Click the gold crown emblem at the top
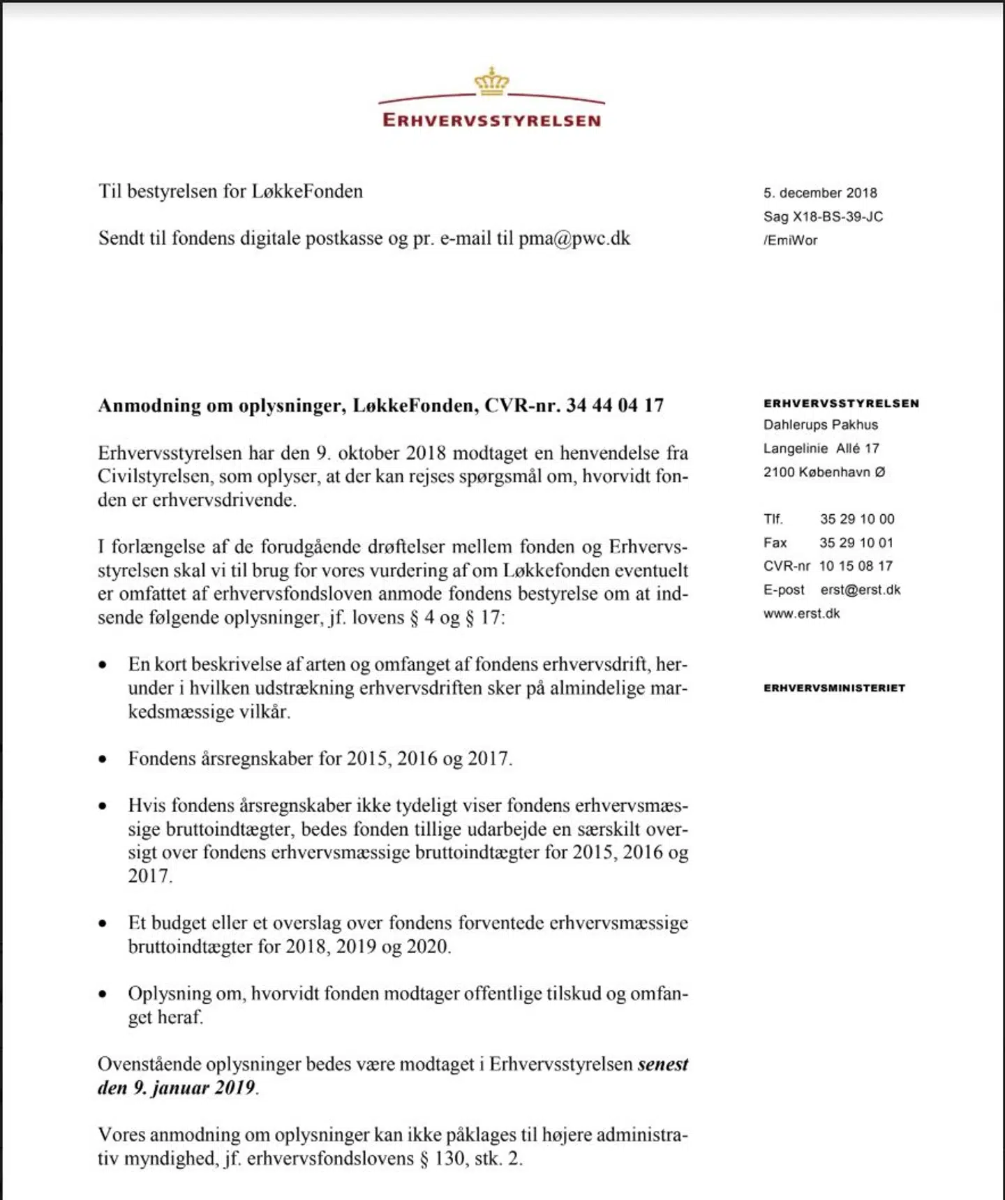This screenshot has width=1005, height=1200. point(492,82)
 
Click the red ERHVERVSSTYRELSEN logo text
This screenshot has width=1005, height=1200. point(492,120)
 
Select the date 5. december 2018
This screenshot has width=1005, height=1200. point(820,193)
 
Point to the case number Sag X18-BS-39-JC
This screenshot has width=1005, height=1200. point(823,217)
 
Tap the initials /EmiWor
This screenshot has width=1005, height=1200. point(790,241)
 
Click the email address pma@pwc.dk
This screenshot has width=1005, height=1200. point(574,239)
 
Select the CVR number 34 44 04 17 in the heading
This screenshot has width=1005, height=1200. point(615,405)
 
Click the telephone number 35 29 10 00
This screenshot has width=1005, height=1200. point(857,519)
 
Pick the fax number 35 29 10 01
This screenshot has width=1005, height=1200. point(856,543)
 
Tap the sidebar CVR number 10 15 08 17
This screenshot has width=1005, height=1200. point(856,566)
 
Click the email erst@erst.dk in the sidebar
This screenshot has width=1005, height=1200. point(861,590)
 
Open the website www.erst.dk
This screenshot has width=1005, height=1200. point(801,614)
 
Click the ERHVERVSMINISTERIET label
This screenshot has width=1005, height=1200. point(834,688)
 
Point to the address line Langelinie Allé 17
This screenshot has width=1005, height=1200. point(821,449)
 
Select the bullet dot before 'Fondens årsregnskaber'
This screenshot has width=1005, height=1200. point(103,759)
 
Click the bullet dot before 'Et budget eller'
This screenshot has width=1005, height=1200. point(103,924)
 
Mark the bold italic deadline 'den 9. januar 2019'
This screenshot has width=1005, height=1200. point(177,1088)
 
